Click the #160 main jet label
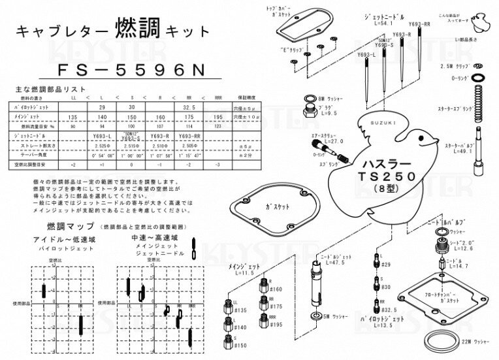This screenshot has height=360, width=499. (x=276, y=289)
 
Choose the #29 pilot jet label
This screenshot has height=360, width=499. (x=385, y=265)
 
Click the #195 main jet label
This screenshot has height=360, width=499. (x=276, y=325)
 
